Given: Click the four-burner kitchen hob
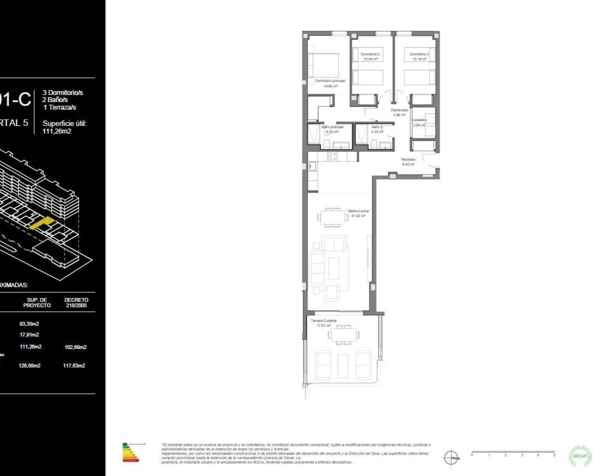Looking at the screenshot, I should [x=332, y=156].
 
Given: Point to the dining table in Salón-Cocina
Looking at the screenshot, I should [x=332, y=217].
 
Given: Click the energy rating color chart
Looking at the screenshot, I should [x=131, y=452].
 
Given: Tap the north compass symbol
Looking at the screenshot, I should [x=451, y=457].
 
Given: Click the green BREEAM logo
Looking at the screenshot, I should [x=580, y=456].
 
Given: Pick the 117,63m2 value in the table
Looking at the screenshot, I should [x=74, y=366].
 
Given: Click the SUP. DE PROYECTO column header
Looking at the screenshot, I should [x=37, y=303].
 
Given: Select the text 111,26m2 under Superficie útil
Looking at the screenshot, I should [x=57, y=132].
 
